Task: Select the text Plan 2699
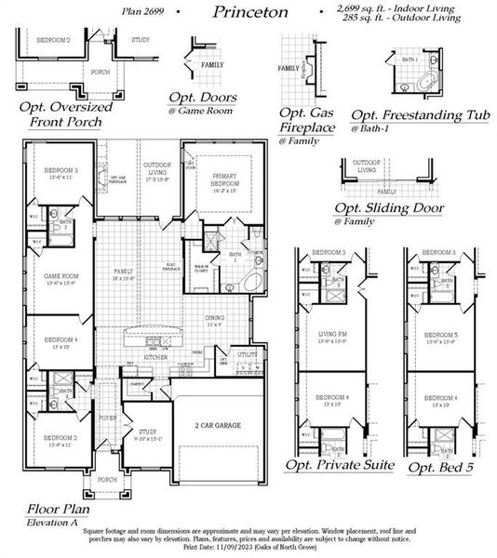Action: (143, 10)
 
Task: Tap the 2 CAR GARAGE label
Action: (219, 424)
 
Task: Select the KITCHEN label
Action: (154, 356)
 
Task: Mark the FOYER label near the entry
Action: (109, 418)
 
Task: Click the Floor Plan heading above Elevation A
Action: (58, 509)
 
